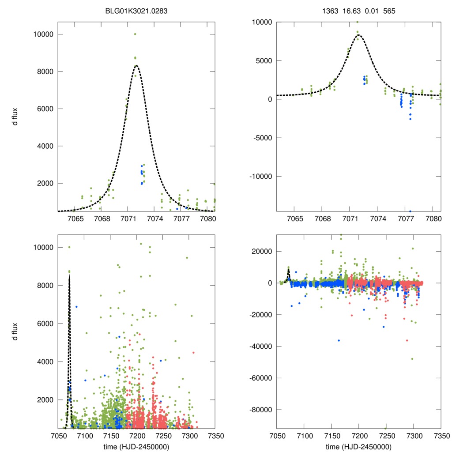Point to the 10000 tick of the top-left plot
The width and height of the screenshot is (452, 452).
44,34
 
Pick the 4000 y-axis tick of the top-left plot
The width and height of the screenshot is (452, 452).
45,146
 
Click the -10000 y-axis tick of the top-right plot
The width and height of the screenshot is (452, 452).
261,177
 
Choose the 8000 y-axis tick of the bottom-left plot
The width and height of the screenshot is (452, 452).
45,286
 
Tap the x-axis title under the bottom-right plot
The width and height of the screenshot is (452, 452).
358,446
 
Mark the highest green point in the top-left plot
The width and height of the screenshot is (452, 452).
135,34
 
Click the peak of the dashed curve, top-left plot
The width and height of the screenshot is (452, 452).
136,66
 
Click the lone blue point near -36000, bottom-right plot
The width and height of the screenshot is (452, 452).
339,340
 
